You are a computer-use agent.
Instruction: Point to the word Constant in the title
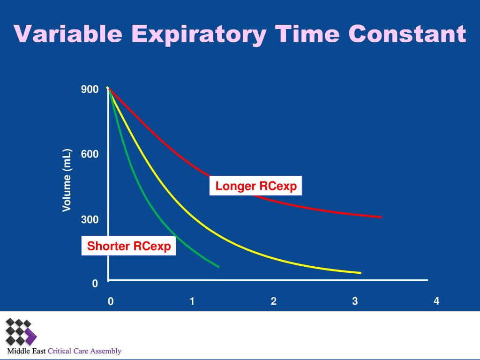pos(407,34)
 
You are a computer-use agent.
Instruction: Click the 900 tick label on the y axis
pos(90,90)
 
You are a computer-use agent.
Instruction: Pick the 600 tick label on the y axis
pos(90,154)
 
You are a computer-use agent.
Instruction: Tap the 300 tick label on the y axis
pos(90,219)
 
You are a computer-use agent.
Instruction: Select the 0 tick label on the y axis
pos(95,284)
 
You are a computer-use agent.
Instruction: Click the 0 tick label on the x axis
pos(111,301)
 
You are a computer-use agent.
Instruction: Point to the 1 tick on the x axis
pos(192,301)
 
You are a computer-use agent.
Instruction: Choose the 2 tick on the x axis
pos(274,301)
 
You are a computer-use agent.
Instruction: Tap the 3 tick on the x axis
pos(355,301)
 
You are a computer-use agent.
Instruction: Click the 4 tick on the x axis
pos(437,301)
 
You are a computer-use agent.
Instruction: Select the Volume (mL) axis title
pos(67,180)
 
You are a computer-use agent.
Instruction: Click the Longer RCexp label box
pos(256,186)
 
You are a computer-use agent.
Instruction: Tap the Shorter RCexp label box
pos(129,246)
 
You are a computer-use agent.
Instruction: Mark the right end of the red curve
pos(381,217)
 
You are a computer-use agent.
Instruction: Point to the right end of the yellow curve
pos(360,272)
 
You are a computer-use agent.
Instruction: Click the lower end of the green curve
pos(218,267)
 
